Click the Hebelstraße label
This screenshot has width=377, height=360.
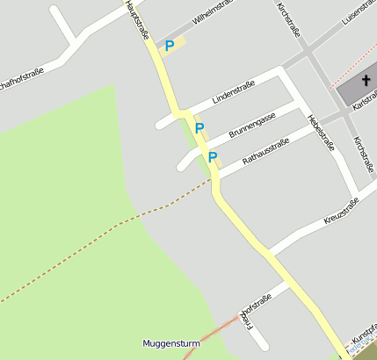pyautogui.click(x=320, y=133)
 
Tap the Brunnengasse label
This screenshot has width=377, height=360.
pyautogui.click(x=252, y=125)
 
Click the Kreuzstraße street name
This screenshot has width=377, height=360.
pyautogui.click(x=341, y=211)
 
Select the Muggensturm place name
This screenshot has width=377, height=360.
pyautogui.click(x=170, y=343)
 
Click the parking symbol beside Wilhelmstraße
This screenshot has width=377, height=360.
pyautogui.click(x=170, y=45)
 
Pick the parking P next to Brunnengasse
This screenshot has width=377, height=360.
pyautogui.click(x=199, y=128)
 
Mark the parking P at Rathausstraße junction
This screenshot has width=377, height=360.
pyautogui.click(x=212, y=157)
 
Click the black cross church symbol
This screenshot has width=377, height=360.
pyautogui.click(x=365, y=80)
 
